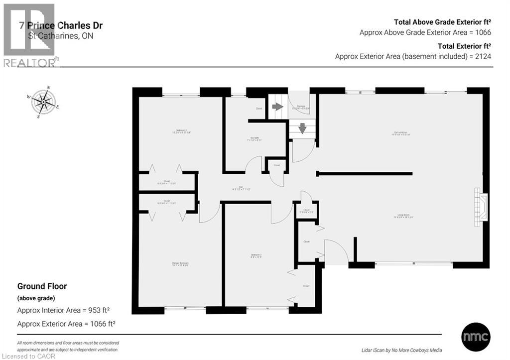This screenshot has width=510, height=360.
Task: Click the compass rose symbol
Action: pyautogui.click(x=44, y=103)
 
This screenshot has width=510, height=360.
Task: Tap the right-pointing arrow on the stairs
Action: pyautogui.click(x=277, y=107)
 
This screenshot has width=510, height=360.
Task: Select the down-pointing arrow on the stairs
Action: pyautogui.click(x=302, y=129)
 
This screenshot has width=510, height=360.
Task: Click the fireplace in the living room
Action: pyautogui.click(x=481, y=205)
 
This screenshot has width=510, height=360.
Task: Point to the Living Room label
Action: pyautogui.click(x=401, y=217)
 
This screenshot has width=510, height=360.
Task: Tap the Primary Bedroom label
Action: pyautogui.click(x=181, y=264)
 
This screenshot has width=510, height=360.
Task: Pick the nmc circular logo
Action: pyautogui.click(x=476, y=337)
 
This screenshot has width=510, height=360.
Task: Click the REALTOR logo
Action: pyautogui.click(x=29, y=35)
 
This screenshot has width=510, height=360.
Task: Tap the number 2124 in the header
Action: pyautogui.click(x=483, y=56)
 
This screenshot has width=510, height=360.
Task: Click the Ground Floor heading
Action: pyautogui.click(x=42, y=286)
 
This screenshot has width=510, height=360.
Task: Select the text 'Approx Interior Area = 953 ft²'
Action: pyautogui.click(x=63, y=310)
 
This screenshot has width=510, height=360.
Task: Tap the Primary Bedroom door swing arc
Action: pyautogui.click(x=211, y=213)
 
